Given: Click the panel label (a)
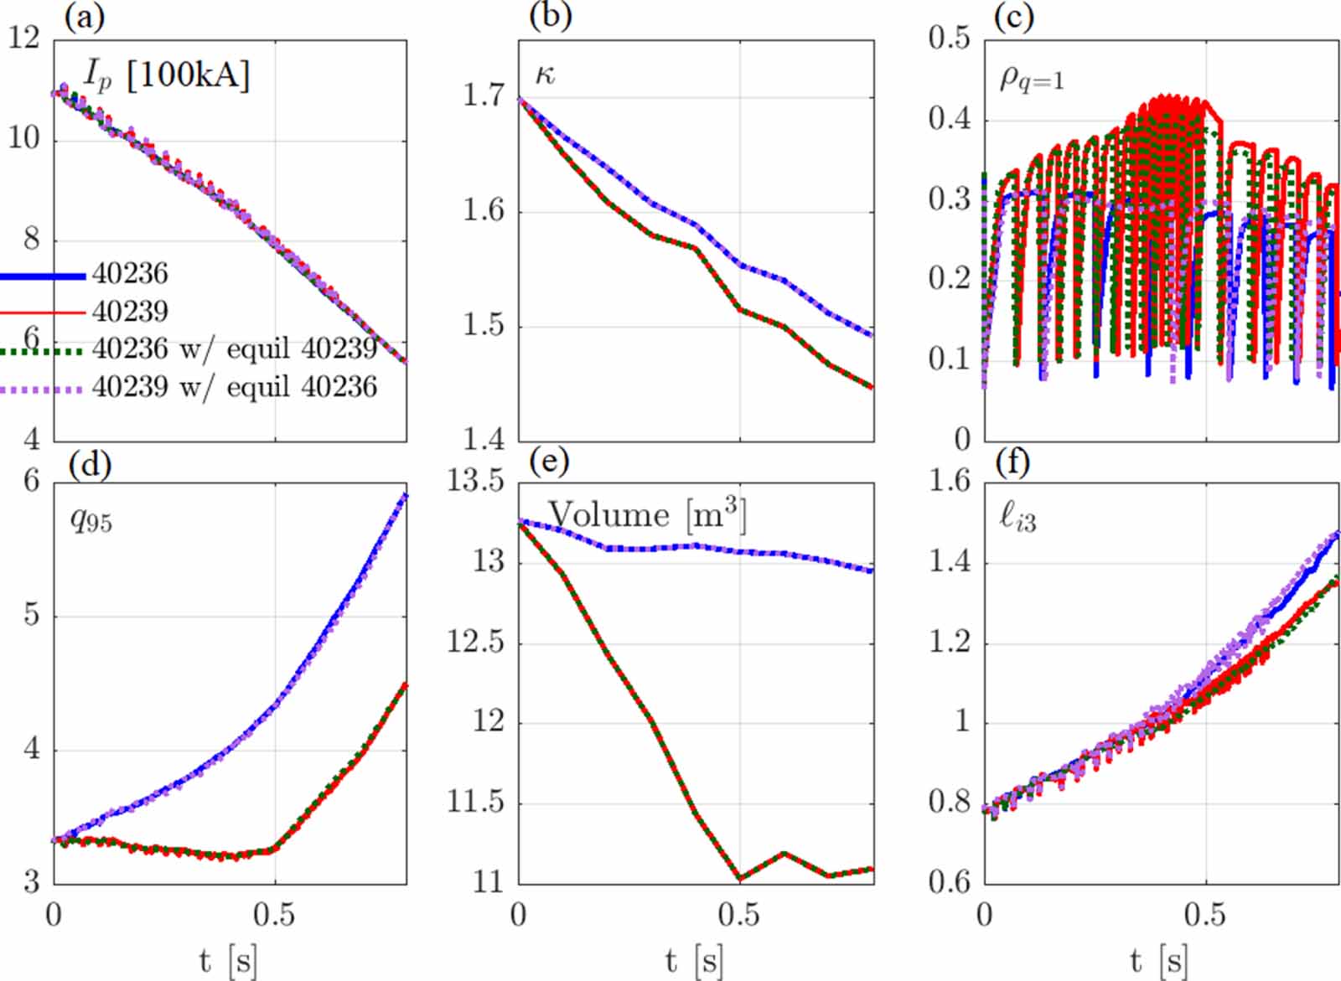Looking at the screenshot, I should (x=85, y=17).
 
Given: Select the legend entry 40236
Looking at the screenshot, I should (x=130, y=274).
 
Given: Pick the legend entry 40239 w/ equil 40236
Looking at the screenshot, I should (x=234, y=387).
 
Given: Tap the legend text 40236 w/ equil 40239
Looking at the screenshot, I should (x=234, y=349).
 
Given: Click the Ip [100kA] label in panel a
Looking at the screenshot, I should (x=167, y=76).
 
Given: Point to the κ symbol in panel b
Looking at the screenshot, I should (x=545, y=75).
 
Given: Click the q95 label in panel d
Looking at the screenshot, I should (x=91, y=520).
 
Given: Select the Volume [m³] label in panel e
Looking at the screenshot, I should (x=646, y=514).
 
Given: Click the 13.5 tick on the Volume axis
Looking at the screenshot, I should (x=474, y=481).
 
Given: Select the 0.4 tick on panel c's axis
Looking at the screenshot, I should (x=949, y=118).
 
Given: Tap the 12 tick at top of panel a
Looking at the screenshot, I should (x=24, y=38).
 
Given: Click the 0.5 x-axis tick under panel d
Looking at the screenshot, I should (x=274, y=915).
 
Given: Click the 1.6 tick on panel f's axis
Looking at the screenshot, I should (x=949, y=481).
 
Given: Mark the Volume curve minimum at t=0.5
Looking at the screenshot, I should (x=740, y=878).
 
